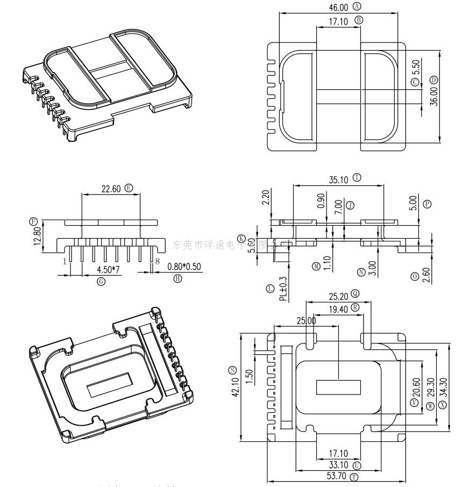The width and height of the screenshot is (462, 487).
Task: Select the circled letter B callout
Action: tap(359, 20)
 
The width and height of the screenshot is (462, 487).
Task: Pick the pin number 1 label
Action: tap(65, 261)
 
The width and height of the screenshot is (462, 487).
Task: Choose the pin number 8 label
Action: tap(158, 261)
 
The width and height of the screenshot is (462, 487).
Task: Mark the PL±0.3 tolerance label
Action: tap(283, 289)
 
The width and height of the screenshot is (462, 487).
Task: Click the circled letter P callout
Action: tap(428, 204)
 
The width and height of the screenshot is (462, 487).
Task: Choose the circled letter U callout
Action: tap(357, 465)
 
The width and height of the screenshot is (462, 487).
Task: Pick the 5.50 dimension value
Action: tap(416, 67)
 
